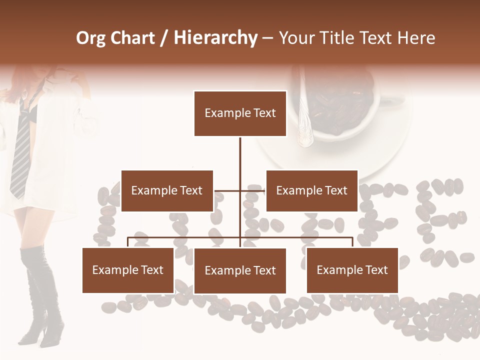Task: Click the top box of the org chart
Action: pos(240,113)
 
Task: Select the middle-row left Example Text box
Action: pos(167,190)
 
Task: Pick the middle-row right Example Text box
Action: pos(311,190)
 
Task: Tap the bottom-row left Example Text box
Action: pos(128,270)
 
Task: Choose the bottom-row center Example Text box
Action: pos(240,270)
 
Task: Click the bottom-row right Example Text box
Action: pos(352,270)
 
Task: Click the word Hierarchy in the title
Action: pos(215,38)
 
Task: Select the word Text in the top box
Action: pos(264,113)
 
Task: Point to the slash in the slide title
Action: pos(164,38)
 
